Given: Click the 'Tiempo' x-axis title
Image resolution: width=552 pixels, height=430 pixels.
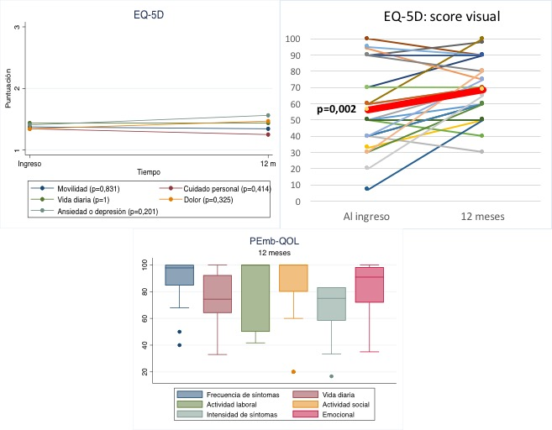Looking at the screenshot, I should pyautogui.click(x=149, y=171).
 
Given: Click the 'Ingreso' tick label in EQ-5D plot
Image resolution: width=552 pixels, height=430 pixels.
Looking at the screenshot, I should pyautogui.click(x=30, y=160).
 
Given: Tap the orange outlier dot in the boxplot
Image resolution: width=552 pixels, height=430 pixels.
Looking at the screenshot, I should pyautogui.click(x=294, y=371).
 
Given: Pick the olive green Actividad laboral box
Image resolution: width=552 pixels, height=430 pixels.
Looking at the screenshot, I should pyautogui.click(x=255, y=297).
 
